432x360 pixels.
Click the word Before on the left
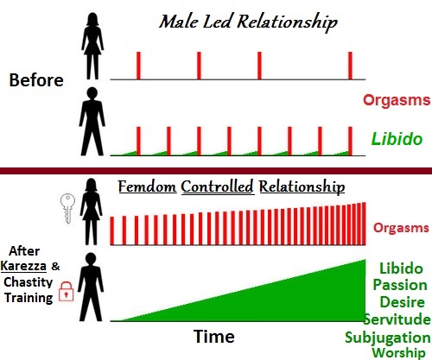click(x=36, y=79)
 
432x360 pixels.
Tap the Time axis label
click(x=214, y=336)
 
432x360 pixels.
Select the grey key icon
click(x=67, y=208)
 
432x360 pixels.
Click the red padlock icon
click(x=67, y=291)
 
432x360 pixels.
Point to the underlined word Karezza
click(x=23, y=266)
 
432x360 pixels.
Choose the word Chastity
click(x=29, y=282)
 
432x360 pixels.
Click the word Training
click(x=29, y=298)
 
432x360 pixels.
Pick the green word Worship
click(x=398, y=353)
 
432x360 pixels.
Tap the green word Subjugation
click(x=388, y=338)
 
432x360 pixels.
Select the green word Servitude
click(x=397, y=319)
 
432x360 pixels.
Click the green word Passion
click(x=400, y=285)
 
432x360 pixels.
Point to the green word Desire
click(x=402, y=302)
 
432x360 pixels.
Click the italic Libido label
click(x=397, y=139)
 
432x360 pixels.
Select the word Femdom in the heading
click(x=147, y=186)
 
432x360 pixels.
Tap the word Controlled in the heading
click(x=218, y=186)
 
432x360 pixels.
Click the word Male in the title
click(x=179, y=22)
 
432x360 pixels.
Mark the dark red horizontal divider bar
click(x=216, y=171)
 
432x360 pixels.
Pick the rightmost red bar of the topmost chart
click(x=350, y=66)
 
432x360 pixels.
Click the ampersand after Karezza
click(x=55, y=266)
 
